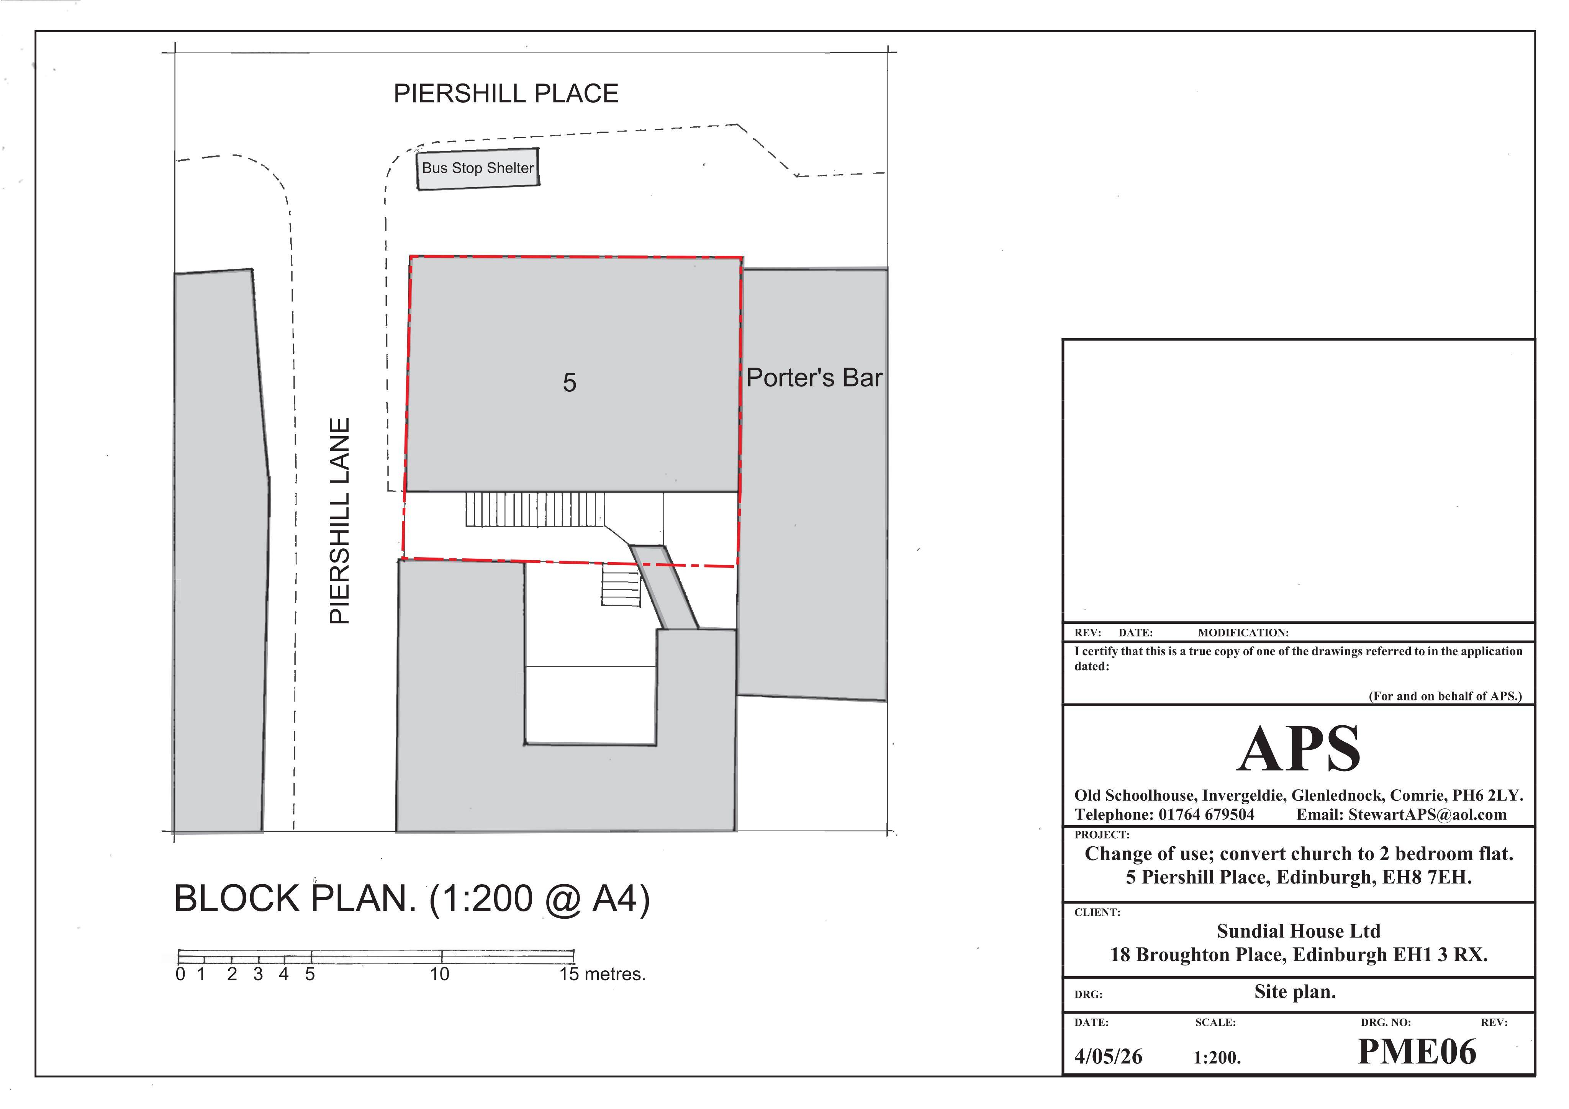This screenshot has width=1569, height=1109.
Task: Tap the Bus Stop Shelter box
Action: click(478, 169)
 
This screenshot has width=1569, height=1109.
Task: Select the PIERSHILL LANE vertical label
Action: click(340, 521)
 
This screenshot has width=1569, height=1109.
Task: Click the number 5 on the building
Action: click(569, 383)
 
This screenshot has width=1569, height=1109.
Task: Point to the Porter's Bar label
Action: click(814, 378)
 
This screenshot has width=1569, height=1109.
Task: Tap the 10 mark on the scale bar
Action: click(439, 974)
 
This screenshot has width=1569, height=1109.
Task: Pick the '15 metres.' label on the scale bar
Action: click(602, 974)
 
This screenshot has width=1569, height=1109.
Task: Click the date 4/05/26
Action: click(1108, 1057)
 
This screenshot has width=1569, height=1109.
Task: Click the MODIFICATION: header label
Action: click(1243, 633)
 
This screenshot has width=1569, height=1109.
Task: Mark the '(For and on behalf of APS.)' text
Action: click(1445, 696)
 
